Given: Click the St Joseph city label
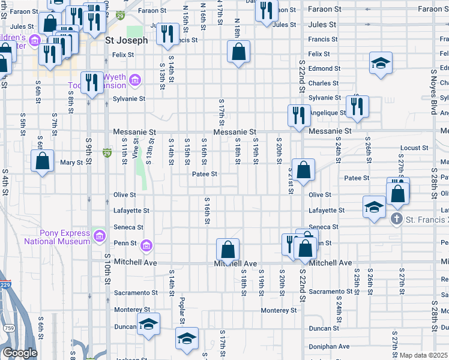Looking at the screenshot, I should point(126,41).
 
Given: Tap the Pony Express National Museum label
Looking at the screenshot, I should point(56,237).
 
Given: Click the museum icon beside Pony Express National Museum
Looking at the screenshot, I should point(100,234).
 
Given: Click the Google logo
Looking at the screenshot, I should point(19,353).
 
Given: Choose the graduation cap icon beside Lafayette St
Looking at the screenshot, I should point(374,207).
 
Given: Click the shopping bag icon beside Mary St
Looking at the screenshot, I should point(42,161).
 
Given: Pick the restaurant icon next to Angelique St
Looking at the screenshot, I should point(357,106).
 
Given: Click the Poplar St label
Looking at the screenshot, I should point(182,306).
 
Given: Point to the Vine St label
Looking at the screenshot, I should point(136,148).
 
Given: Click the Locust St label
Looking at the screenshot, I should point(414,148).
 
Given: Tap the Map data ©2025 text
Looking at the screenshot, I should point(424,355).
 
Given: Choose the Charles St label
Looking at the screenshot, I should point(324,83).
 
